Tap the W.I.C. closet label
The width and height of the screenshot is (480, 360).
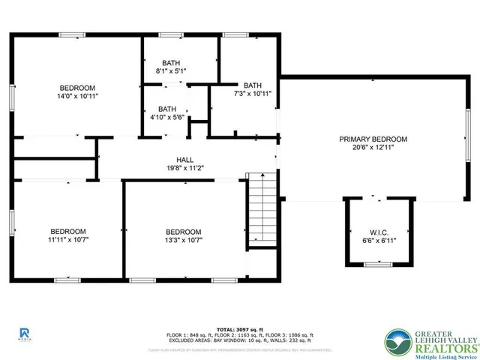(378, 232)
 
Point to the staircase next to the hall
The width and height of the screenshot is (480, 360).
(262, 209)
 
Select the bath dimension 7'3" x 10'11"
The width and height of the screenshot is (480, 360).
(252, 94)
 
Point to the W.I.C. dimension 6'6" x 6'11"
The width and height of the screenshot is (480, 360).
(378, 241)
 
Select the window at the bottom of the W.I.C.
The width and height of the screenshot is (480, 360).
(378, 265)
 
